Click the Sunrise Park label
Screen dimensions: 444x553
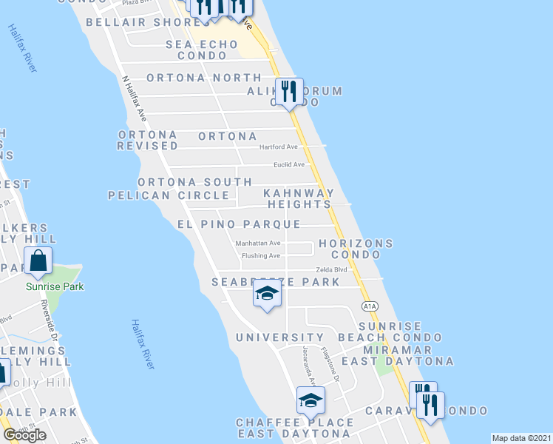[x=54, y=286]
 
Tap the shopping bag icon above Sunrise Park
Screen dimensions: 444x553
[x=38, y=260]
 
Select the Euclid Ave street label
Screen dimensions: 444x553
[x=289, y=164]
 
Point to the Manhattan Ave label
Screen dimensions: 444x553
[x=258, y=243]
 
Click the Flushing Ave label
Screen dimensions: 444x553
[x=262, y=256]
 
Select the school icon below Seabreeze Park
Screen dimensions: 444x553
[x=267, y=295]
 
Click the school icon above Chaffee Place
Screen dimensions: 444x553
[x=311, y=400]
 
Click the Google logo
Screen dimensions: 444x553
[x=24, y=435]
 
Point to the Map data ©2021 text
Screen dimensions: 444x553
[x=522, y=438]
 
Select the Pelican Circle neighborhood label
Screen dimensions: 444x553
[x=169, y=195]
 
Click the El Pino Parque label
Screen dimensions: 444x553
[x=239, y=224]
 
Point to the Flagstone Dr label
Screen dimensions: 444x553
[x=330, y=366]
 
